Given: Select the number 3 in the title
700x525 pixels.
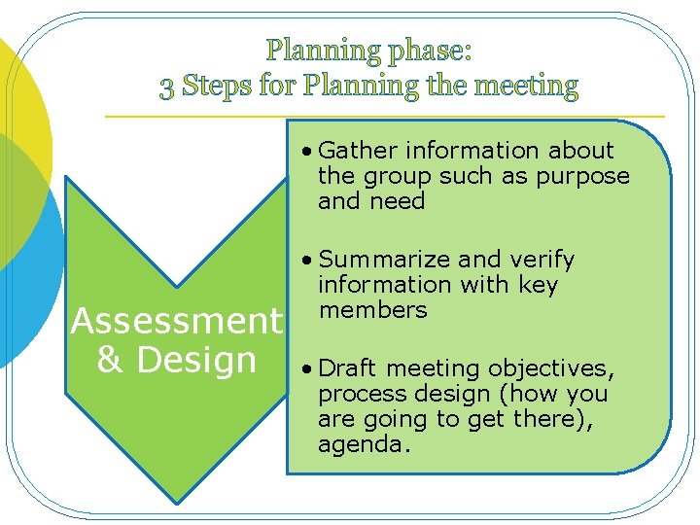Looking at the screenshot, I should (x=167, y=87).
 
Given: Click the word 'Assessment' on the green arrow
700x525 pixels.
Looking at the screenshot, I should (x=176, y=321).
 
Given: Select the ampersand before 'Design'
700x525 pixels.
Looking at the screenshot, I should (x=110, y=360).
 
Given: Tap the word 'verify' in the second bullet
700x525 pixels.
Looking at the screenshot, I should (x=541, y=260).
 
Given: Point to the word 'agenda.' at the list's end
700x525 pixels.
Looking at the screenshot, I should (x=365, y=444).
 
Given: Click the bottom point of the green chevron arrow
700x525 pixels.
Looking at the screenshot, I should (x=175, y=501).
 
